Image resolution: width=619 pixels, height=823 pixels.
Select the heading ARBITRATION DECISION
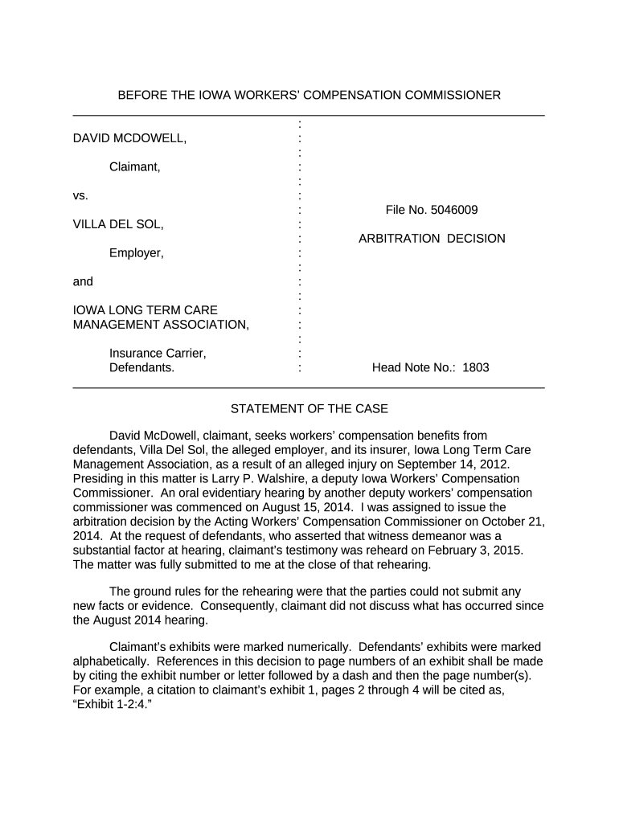[432, 239]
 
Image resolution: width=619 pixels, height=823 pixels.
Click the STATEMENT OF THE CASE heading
[309, 409]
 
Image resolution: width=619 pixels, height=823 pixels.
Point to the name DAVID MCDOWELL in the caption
[129, 139]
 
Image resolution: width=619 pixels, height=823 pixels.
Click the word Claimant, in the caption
[135, 167]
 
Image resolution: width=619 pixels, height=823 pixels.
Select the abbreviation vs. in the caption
[80, 195]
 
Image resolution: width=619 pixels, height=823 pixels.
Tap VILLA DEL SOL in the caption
[118, 224]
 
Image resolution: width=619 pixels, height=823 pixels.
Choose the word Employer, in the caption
[137, 253]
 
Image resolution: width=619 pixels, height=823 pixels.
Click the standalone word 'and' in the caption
[83, 281]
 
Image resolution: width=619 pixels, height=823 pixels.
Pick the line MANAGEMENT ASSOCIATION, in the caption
[161, 325]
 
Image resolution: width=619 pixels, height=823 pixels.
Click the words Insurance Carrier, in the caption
[158, 354]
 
